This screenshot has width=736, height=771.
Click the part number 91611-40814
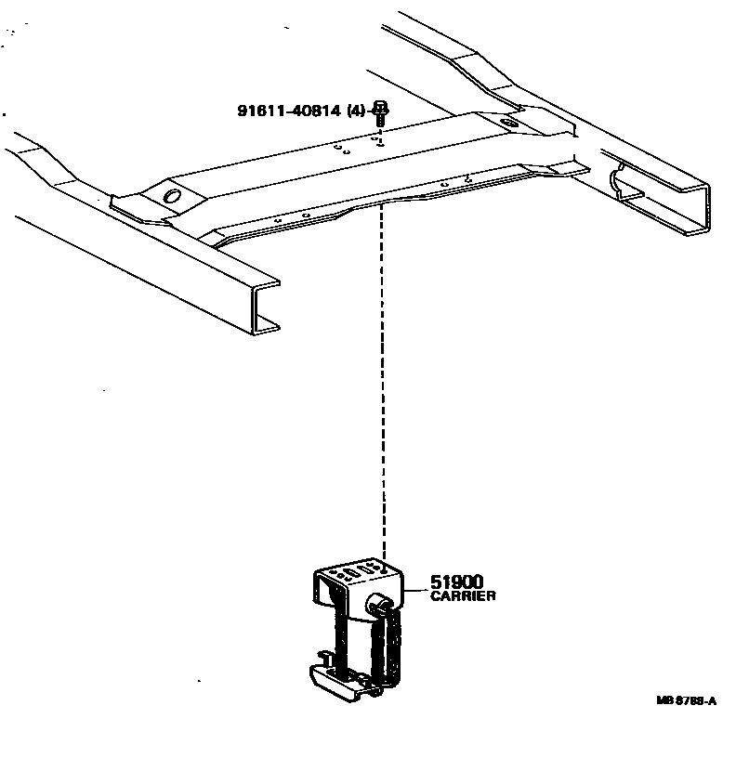(x=288, y=111)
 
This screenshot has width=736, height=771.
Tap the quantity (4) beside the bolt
(x=355, y=111)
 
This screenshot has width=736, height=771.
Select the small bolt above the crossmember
(x=379, y=112)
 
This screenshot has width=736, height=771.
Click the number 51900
(x=456, y=582)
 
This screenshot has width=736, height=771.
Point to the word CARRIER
(x=463, y=596)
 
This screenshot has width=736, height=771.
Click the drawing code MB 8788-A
(x=685, y=701)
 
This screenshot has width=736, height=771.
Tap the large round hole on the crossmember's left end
(x=171, y=196)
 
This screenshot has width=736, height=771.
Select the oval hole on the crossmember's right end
(x=507, y=123)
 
